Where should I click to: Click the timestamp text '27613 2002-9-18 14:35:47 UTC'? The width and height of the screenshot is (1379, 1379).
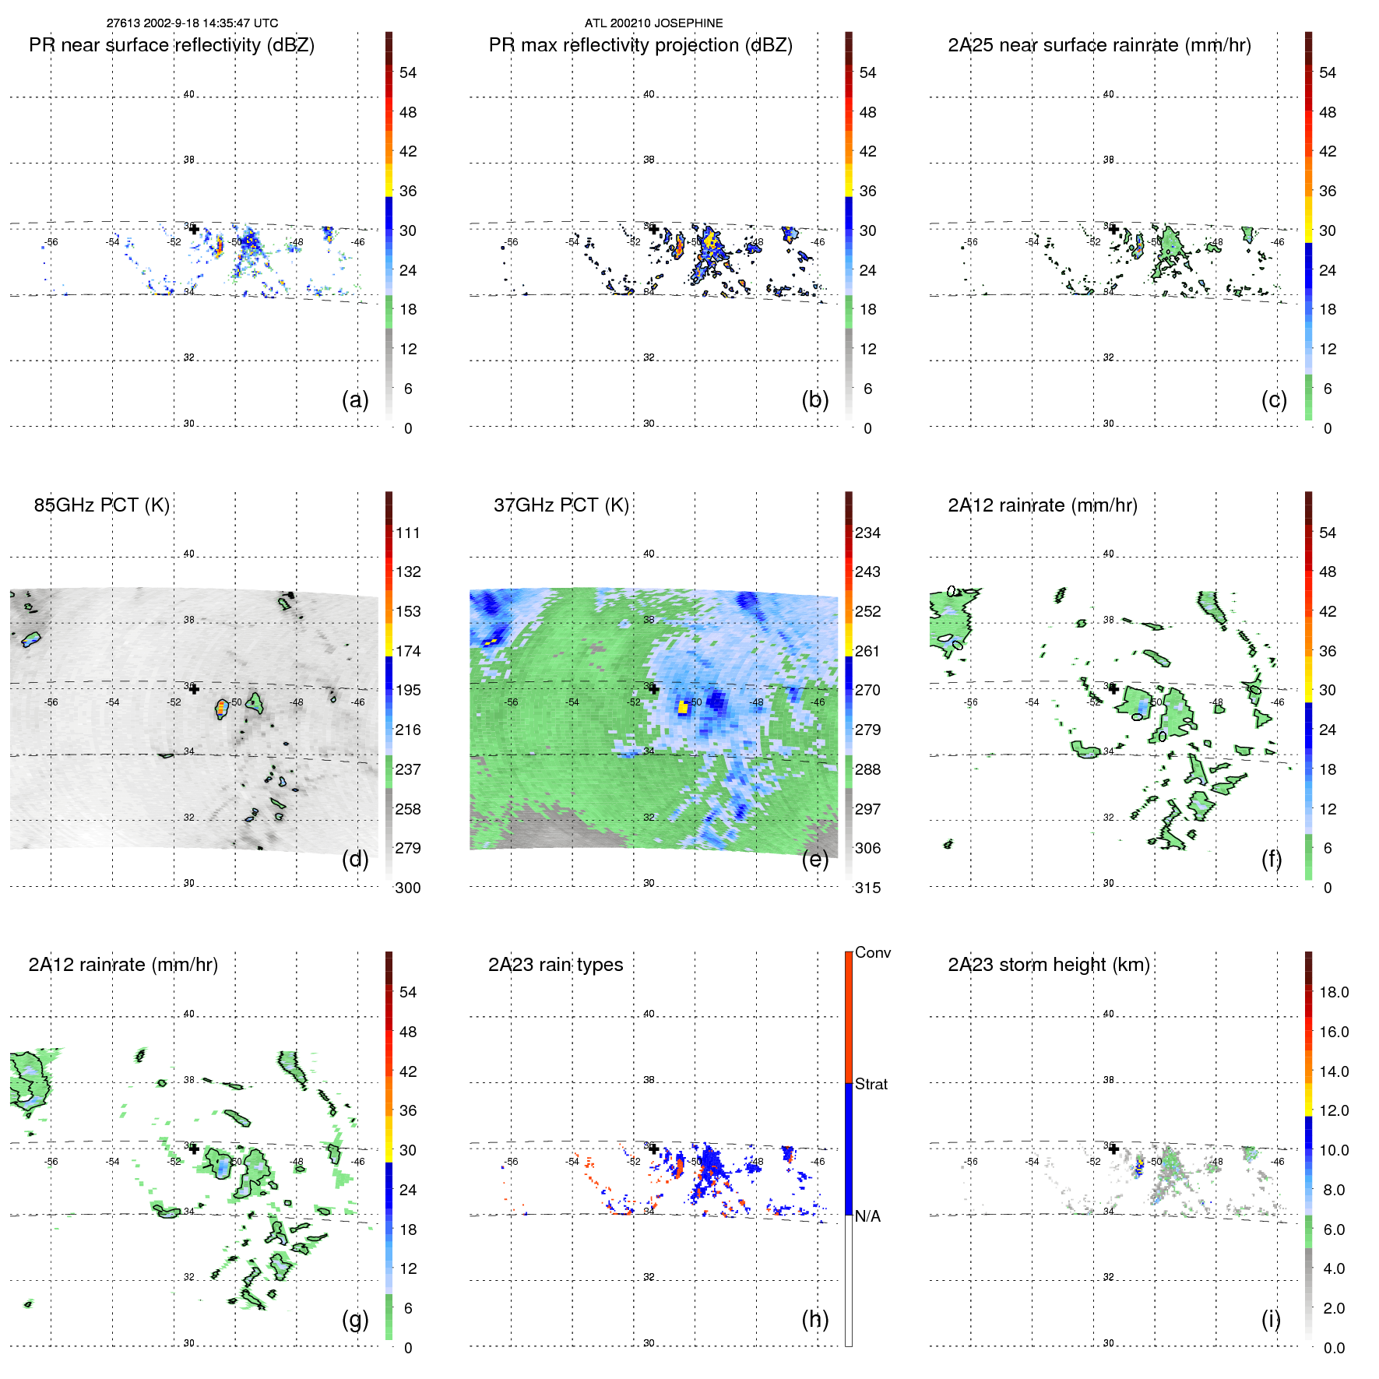point(192,23)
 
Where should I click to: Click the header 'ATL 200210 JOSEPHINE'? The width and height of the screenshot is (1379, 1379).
point(653,23)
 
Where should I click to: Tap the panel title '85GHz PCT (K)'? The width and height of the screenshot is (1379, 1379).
point(101,505)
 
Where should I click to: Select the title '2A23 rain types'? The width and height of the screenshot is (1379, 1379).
point(555,965)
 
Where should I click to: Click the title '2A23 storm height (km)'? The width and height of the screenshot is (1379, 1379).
point(1048,965)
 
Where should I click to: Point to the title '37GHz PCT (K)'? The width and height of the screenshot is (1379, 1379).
point(561,505)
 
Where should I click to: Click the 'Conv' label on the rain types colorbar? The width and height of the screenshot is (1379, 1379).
point(872,953)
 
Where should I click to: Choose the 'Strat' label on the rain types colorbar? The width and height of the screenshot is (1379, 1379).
point(871,1085)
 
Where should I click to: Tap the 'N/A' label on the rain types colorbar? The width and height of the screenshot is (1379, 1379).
point(867,1216)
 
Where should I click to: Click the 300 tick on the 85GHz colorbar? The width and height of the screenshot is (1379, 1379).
point(407,888)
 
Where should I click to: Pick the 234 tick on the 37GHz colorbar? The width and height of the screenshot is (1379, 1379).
point(867,533)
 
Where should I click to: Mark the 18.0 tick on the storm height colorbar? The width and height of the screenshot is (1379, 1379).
point(1333,993)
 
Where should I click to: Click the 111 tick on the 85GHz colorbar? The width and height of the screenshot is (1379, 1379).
point(407,533)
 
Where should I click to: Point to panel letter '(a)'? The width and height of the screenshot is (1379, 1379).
point(355,399)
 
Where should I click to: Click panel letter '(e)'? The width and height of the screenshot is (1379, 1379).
point(814,859)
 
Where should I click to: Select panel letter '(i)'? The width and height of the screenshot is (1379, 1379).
point(1271,1319)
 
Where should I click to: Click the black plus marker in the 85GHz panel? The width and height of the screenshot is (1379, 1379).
point(194,688)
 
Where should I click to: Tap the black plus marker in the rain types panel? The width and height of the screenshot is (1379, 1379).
point(654,1149)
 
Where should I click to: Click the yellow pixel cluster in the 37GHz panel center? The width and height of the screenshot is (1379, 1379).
point(683,706)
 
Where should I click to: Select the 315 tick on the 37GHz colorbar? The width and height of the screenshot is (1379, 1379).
point(867,888)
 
